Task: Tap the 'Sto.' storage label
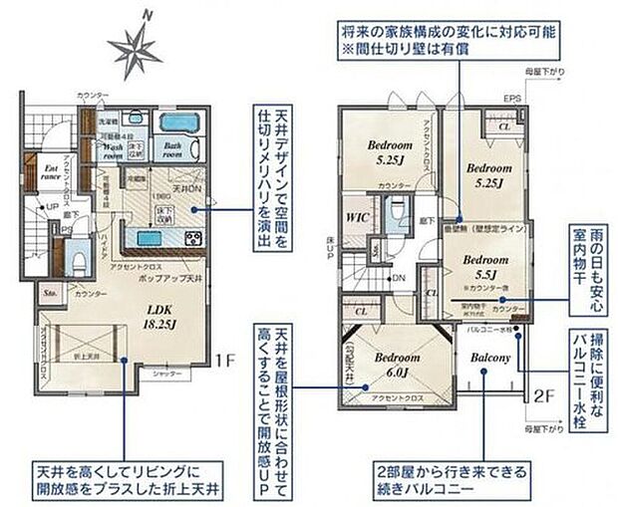50,293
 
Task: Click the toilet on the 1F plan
79,260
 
